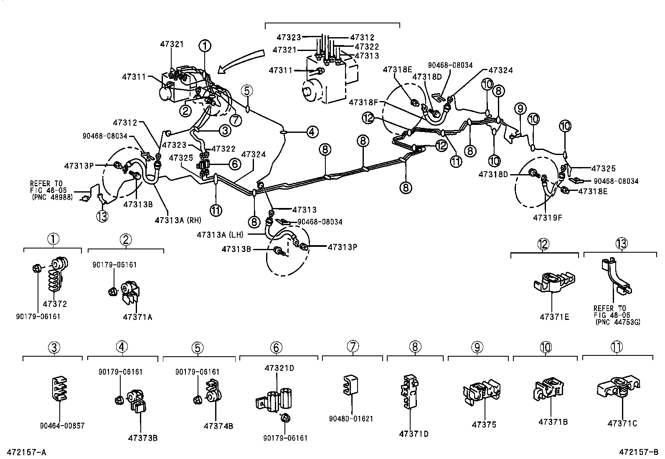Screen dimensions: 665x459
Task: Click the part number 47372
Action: (x=55, y=304)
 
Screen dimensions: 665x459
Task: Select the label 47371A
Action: (x=137, y=317)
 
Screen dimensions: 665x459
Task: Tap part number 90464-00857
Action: (x=62, y=426)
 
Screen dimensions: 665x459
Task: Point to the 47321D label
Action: (x=279, y=368)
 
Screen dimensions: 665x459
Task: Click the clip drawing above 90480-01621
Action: (x=350, y=385)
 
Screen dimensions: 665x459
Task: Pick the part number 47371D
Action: (x=414, y=434)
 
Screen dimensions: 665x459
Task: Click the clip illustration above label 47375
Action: (x=482, y=392)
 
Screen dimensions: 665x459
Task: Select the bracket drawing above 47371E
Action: (x=554, y=282)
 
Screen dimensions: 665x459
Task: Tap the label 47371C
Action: (x=622, y=423)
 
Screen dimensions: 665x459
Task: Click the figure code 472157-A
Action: (x=26, y=452)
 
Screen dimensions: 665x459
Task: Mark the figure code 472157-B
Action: (x=639, y=452)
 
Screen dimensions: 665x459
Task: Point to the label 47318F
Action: (x=363, y=102)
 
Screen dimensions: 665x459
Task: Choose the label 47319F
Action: (x=548, y=218)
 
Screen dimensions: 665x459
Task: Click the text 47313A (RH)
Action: (x=178, y=220)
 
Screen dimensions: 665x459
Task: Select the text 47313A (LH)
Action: (x=220, y=235)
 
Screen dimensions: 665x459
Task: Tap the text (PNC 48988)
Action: (x=52, y=197)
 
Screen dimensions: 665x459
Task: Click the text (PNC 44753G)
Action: (x=618, y=322)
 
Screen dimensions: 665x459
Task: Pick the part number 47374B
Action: (x=218, y=426)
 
